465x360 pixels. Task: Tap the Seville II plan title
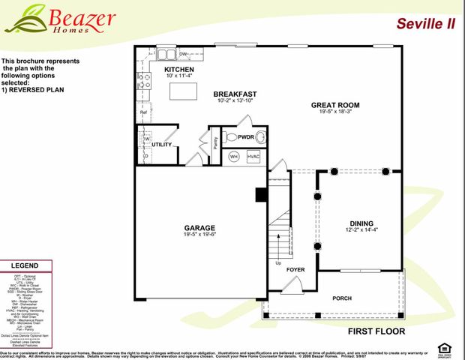point(425,23)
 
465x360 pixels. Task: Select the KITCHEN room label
point(179,70)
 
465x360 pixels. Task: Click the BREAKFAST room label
point(236,94)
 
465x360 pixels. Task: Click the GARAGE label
point(199,227)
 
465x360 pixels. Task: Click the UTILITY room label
point(162,144)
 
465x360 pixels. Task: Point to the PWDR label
point(246,137)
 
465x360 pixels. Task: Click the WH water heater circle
point(234,157)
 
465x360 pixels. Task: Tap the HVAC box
point(253,157)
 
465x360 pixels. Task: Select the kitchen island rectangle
point(183,91)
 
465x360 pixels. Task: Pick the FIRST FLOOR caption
point(376,331)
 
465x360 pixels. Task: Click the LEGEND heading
point(25,266)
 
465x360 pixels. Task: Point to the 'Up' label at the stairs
point(279,263)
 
